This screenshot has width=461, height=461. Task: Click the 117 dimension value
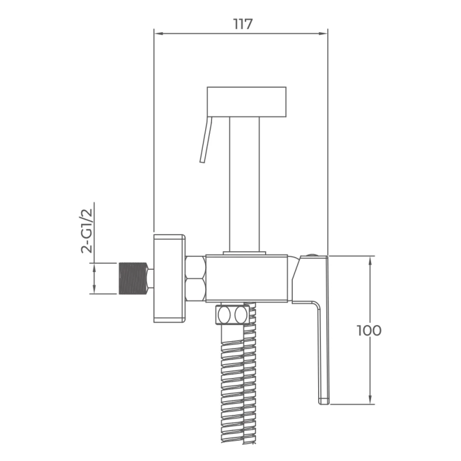[243, 24]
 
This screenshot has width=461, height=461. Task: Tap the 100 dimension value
[369, 330]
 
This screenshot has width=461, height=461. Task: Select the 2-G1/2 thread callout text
[86, 231]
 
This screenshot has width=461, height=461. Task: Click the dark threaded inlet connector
[133, 278]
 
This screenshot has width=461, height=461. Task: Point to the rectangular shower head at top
[247, 101]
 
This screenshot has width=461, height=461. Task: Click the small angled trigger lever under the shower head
[206, 139]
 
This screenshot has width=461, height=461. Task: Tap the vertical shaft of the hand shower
[244, 184]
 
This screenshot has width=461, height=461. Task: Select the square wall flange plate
[169, 278]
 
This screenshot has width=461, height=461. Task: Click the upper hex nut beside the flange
[195, 267]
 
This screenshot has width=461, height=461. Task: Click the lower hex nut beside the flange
[195, 290]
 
